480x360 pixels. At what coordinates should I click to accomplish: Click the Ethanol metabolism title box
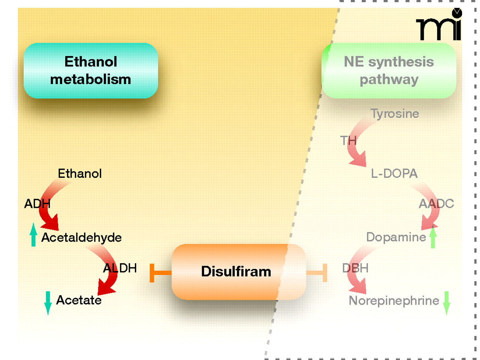[91, 70]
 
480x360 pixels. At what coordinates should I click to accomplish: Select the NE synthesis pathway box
[389, 70]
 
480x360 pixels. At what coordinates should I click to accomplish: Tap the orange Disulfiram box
[236, 271]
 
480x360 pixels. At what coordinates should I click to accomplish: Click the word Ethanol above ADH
[79, 174]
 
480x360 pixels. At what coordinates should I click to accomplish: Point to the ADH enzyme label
[37, 204]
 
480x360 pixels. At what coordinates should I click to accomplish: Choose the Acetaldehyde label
[81, 237]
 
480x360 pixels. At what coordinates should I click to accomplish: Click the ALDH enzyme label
[120, 268]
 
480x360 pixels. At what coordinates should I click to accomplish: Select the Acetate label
[79, 300]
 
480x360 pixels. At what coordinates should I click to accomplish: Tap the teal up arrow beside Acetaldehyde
[33, 235]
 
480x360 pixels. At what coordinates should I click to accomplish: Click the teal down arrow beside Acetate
[48, 302]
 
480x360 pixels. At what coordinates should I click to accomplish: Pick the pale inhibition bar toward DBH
[317, 273]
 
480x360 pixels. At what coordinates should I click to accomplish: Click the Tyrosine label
[394, 114]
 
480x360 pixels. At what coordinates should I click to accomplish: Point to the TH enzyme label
[348, 141]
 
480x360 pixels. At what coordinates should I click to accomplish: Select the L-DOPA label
[394, 173]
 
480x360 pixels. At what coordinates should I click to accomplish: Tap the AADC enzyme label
[436, 204]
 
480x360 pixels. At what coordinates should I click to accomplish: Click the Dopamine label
[396, 237]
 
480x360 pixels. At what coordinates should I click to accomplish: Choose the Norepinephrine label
[394, 300]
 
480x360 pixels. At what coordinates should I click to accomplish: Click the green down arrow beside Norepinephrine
[446, 302]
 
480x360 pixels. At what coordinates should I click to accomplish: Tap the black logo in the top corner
[439, 25]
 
